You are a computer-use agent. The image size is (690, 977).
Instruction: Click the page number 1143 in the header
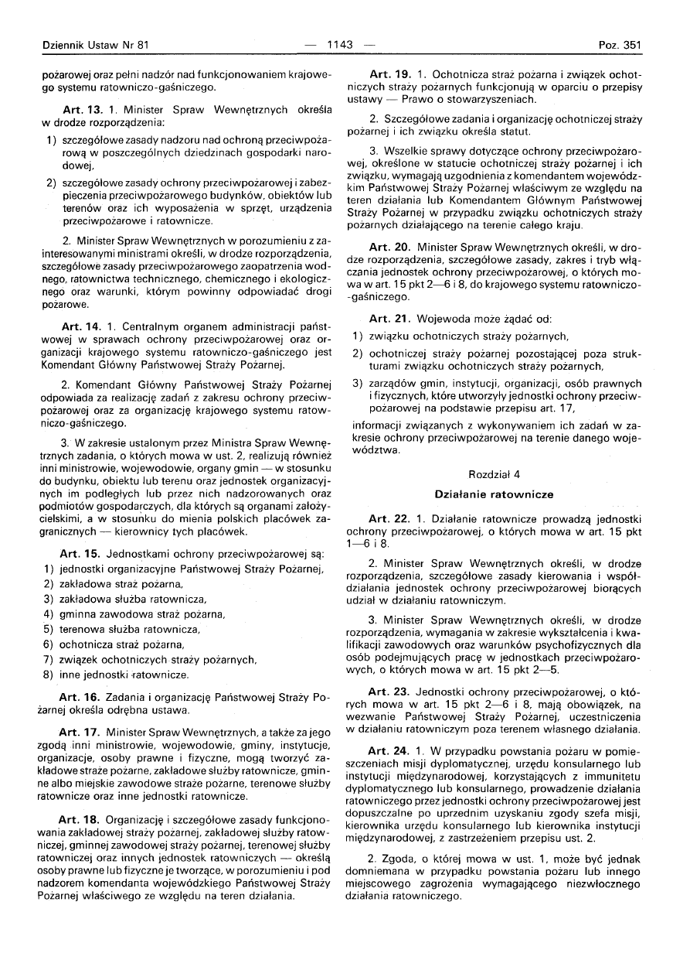(x=340, y=45)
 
